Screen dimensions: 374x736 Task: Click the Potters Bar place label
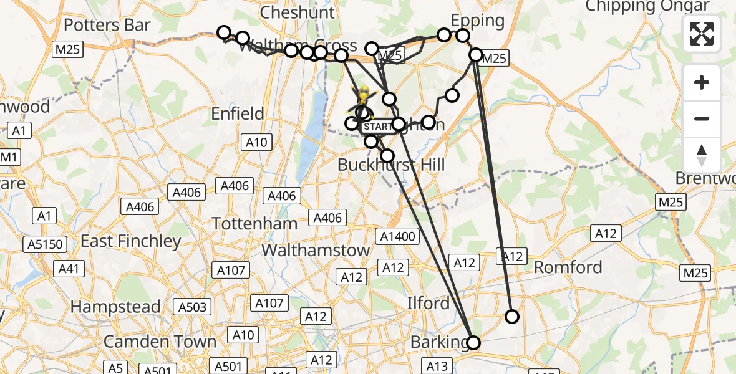click(107, 25)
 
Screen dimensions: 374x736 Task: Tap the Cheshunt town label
click(298, 12)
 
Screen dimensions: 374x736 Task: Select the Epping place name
click(477, 20)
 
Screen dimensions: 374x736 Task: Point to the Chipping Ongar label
click(647, 6)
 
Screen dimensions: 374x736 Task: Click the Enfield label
click(238, 113)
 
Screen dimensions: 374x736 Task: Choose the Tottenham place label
click(254, 223)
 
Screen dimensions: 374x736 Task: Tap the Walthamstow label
click(316, 250)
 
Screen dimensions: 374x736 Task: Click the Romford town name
click(568, 267)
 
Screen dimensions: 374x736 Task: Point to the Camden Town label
click(160, 342)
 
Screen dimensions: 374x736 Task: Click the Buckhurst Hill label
click(391, 165)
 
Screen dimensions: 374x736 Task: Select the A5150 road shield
click(46, 244)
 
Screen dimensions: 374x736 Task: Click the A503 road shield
click(192, 307)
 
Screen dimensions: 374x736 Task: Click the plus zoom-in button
click(702, 82)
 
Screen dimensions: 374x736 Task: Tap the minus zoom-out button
click(702, 118)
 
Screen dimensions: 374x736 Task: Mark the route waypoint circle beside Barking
click(473, 342)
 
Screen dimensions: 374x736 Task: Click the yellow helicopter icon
click(362, 98)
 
